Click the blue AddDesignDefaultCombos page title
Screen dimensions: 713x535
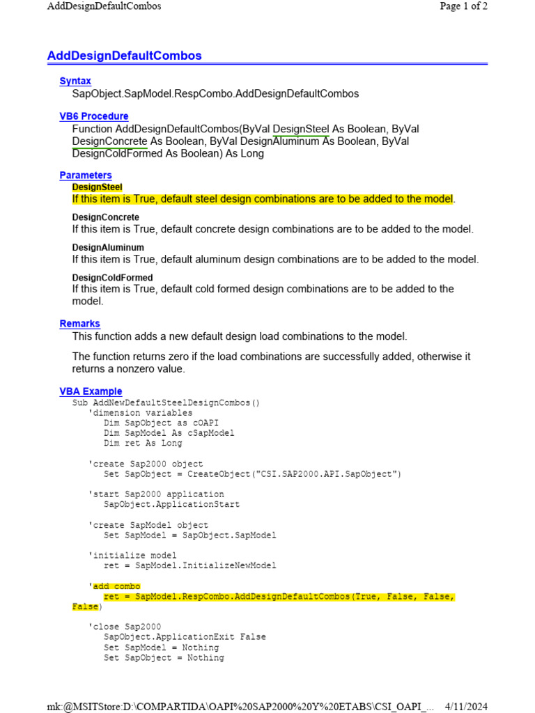[124, 56]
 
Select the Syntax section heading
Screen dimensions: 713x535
[75, 81]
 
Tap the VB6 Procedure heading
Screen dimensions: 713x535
[94, 116]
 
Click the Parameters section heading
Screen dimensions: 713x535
[86, 175]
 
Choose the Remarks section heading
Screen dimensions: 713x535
[80, 324]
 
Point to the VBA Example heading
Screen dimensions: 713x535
[91, 391]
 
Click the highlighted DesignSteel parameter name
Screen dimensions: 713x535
[97, 187]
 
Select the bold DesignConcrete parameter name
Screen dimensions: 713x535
[105, 217]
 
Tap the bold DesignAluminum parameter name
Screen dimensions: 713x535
[108, 247]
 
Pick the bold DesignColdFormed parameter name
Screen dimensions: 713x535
[112, 277]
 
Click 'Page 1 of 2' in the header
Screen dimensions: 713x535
[463, 6]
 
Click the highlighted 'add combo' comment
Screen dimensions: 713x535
[116, 586]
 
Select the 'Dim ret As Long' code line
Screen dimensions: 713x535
[143, 443]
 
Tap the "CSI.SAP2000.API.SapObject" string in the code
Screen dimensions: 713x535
[329, 474]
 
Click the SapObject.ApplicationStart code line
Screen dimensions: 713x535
[171, 504]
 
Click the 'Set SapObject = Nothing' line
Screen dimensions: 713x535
[164, 657]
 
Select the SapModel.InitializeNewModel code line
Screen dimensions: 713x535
[189, 565]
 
